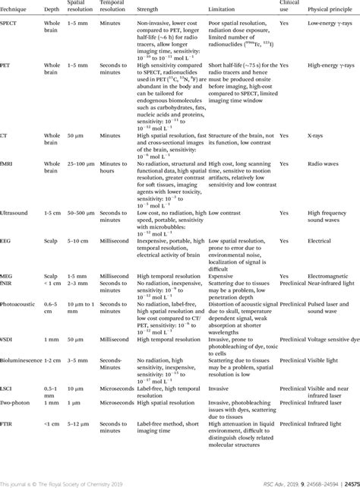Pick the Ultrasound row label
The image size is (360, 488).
pyautogui.click(x=14, y=212)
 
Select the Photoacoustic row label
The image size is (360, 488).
pyautogui.click(x=17, y=303)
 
